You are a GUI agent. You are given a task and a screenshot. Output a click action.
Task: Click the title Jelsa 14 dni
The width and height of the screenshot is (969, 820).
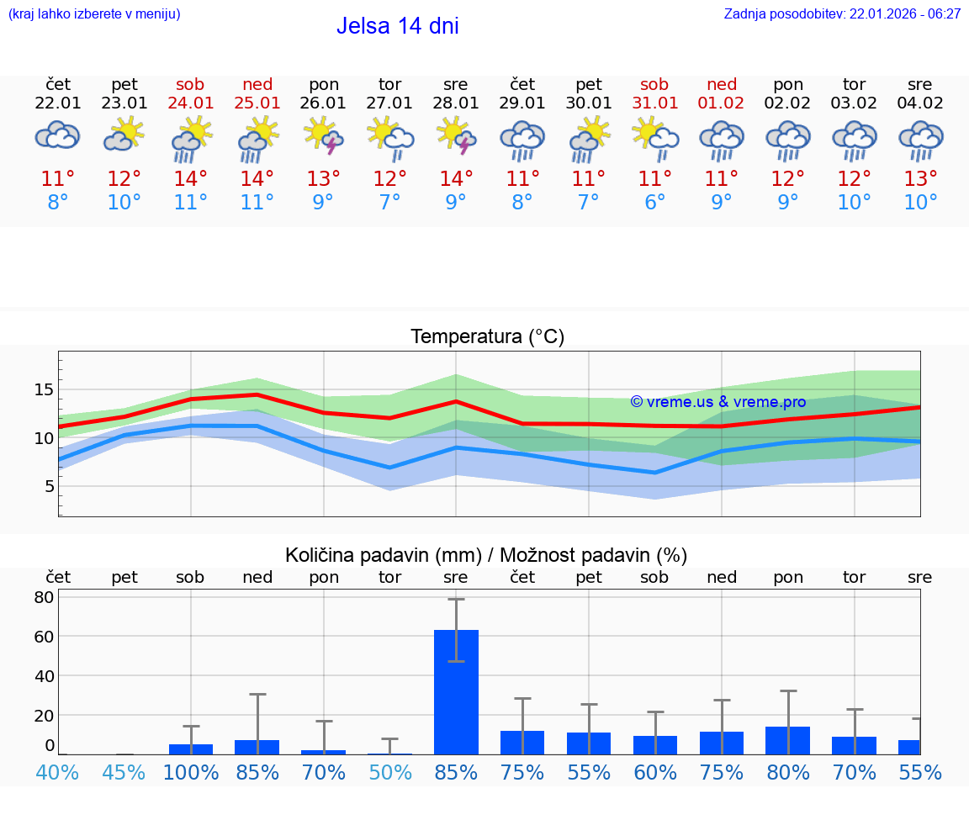(397, 26)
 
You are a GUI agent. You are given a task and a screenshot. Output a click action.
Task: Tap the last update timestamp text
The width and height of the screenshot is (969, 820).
(842, 14)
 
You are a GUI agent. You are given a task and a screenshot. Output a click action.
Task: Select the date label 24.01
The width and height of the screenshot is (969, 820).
(190, 103)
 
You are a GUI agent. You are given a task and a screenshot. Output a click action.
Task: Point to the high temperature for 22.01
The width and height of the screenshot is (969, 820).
(58, 179)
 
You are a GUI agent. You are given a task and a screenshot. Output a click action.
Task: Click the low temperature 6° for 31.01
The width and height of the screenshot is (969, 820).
(654, 202)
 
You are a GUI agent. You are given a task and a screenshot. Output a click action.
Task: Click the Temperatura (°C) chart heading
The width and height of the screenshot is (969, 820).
(487, 337)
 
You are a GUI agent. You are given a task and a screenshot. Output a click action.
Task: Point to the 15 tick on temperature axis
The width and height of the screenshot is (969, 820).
(44, 389)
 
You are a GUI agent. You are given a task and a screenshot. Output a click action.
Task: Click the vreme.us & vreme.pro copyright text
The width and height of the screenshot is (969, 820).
(717, 402)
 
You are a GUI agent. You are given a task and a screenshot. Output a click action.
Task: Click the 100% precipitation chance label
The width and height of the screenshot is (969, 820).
(190, 772)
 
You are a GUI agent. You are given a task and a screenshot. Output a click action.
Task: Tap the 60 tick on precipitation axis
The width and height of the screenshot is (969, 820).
(44, 637)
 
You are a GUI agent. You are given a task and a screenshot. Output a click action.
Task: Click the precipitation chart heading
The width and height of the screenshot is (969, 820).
(486, 555)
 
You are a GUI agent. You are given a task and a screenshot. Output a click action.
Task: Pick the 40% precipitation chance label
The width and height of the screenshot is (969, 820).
(58, 772)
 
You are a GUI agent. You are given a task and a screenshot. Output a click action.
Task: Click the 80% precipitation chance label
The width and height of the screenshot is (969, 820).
(787, 772)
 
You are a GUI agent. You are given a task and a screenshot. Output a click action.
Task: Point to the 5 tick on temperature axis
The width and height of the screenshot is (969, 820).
(49, 486)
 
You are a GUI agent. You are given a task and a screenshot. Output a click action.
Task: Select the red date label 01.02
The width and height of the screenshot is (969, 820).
(721, 103)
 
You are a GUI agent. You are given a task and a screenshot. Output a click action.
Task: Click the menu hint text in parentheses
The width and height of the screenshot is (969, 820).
(94, 14)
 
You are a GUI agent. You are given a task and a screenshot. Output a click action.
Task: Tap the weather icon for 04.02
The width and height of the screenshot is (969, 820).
(920, 140)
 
